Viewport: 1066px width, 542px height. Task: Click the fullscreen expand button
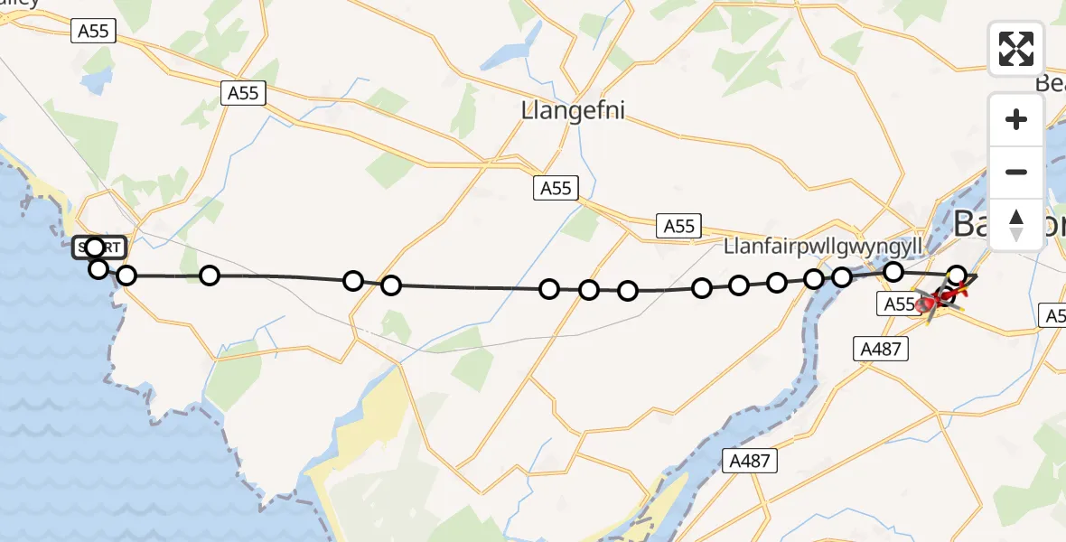pyautogui.click(x=1016, y=48)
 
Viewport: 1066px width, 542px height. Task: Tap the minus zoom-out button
pyautogui.click(x=1016, y=172)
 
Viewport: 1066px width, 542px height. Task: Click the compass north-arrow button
pyautogui.click(x=1016, y=224)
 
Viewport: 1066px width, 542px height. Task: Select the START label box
pyautogui.click(x=100, y=247)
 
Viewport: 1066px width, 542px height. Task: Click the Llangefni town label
pyautogui.click(x=573, y=110)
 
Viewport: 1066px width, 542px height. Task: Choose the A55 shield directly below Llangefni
pyautogui.click(x=556, y=188)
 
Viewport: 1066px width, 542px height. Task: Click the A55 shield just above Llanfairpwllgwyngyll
pyautogui.click(x=678, y=226)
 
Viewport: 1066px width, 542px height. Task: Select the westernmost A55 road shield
pyautogui.click(x=93, y=32)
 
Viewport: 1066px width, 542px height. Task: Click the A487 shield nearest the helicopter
pyautogui.click(x=881, y=348)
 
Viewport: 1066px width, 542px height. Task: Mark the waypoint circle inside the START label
pyautogui.click(x=95, y=246)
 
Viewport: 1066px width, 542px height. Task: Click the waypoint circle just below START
pyautogui.click(x=98, y=268)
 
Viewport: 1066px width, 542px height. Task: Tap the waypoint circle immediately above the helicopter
pyautogui.click(x=958, y=275)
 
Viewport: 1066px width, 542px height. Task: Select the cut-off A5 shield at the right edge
pyautogui.click(x=1054, y=315)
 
